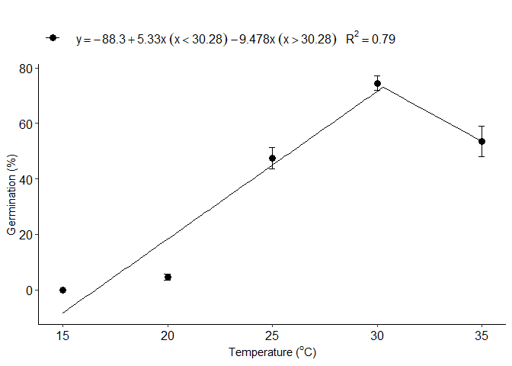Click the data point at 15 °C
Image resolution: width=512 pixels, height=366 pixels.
point(62,290)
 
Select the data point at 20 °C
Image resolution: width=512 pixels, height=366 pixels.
point(168,277)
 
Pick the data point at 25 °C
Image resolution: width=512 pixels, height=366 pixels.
point(272,158)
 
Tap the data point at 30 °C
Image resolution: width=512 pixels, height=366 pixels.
point(377,83)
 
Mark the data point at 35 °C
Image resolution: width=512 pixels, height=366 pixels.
point(482,141)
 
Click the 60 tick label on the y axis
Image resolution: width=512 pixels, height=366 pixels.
point(25,124)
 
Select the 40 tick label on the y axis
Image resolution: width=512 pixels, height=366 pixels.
point(25,179)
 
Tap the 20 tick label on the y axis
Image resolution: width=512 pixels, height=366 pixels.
point(25,235)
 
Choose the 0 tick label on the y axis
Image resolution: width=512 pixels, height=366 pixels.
point(29,290)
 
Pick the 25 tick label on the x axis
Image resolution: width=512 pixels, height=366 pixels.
point(272,335)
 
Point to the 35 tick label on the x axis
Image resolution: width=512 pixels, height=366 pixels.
point(482,335)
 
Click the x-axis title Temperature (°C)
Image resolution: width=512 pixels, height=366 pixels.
point(272,352)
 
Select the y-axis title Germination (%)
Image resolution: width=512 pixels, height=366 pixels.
point(11,194)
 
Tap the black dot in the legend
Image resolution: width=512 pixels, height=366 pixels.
point(53,38)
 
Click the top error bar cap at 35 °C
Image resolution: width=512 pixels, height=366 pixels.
point(482,126)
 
